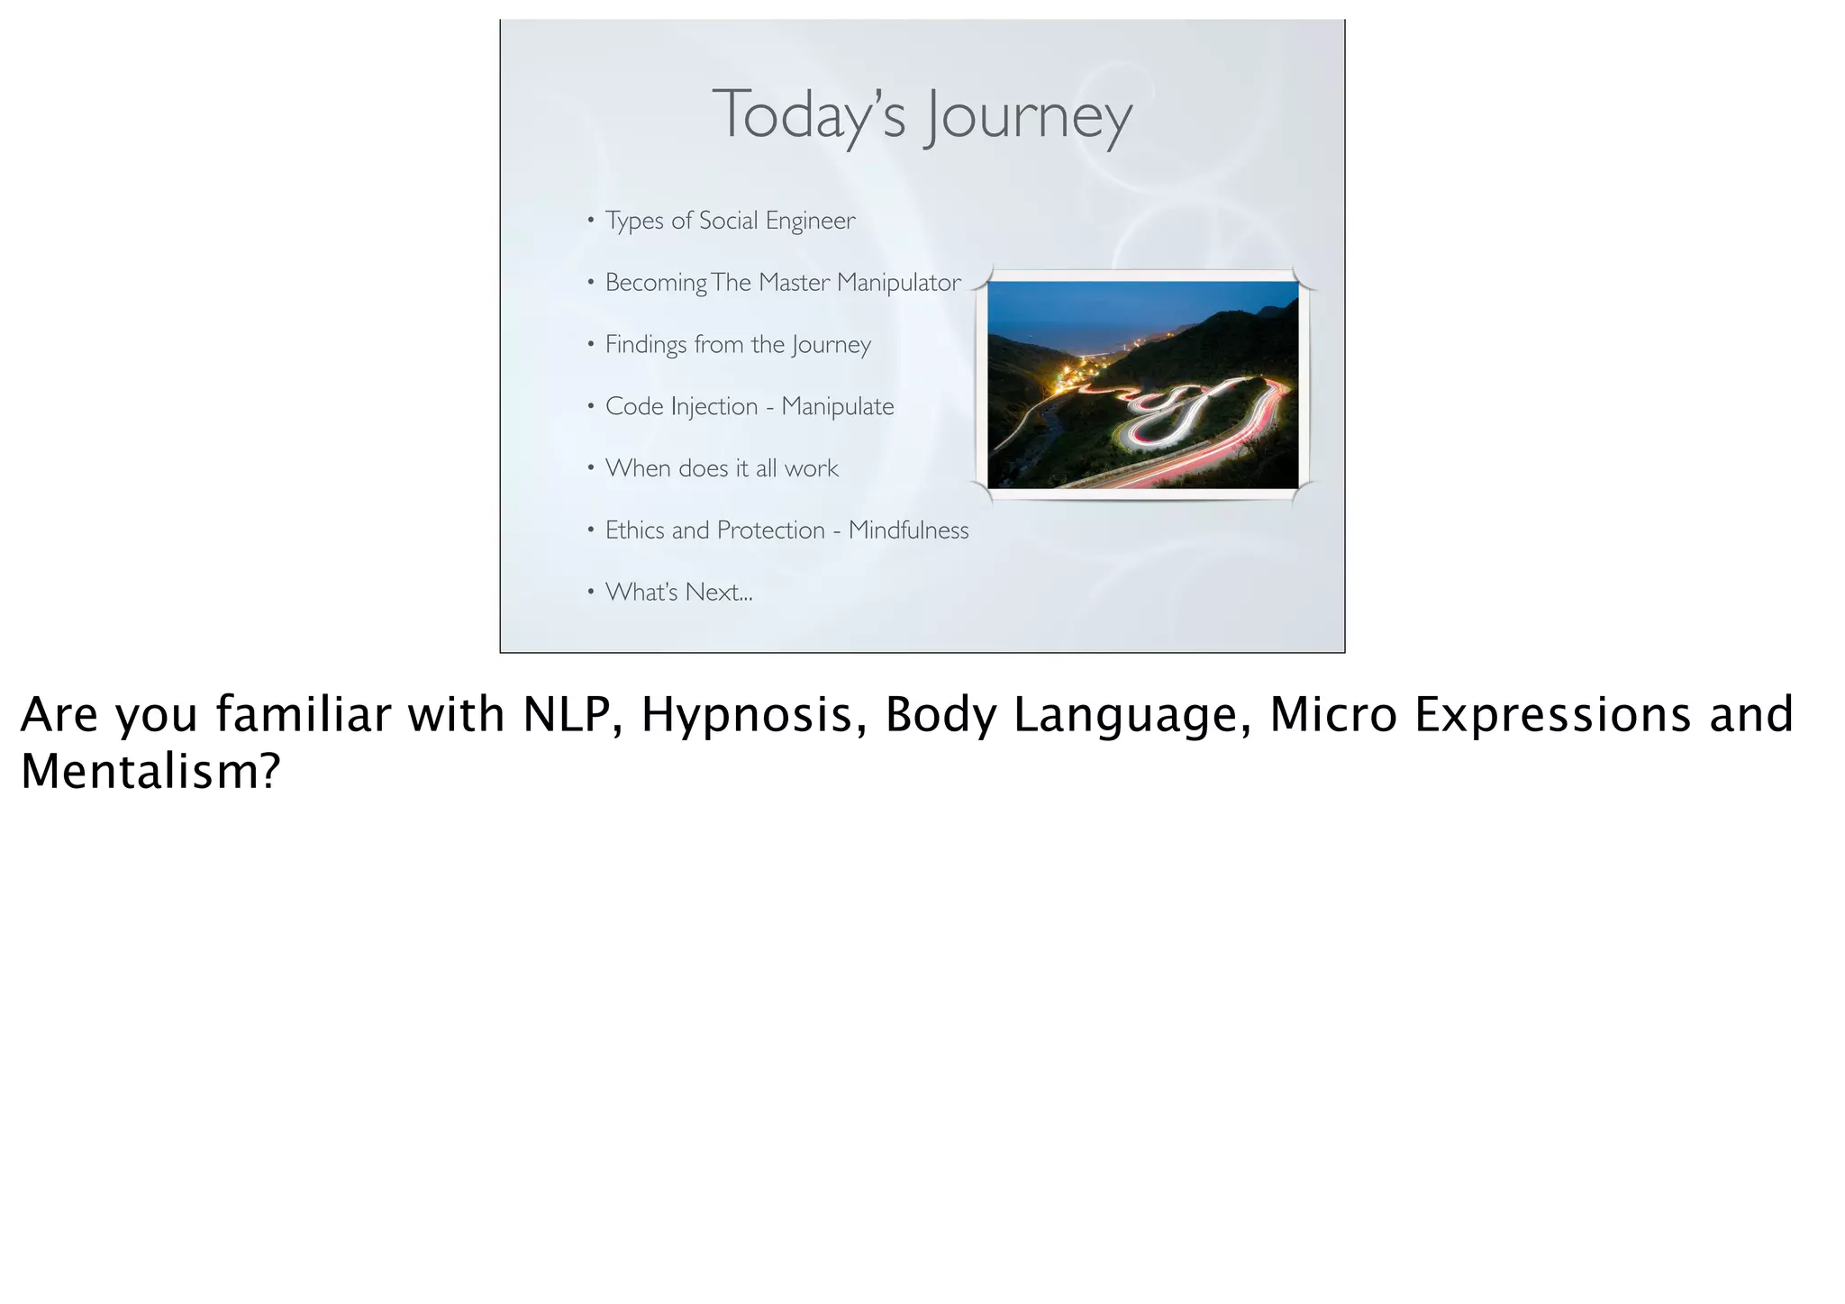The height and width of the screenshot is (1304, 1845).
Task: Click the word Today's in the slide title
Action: (x=807, y=115)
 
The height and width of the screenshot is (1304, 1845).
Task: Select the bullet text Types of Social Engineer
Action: (x=730, y=221)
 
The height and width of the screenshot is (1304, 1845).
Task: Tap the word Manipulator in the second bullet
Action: (x=898, y=283)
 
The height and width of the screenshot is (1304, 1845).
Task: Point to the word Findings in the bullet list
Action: (x=645, y=345)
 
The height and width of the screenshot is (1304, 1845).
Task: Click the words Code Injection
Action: (x=681, y=407)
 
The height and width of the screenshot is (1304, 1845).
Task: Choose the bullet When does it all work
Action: (x=722, y=468)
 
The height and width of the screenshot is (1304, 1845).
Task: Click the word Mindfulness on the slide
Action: (x=908, y=530)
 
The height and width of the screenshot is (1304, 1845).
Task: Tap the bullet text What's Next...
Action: (x=678, y=593)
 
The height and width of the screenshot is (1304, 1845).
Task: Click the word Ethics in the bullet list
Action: (x=635, y=530)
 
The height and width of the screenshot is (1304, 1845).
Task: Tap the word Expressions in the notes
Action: (x=1552, y=715)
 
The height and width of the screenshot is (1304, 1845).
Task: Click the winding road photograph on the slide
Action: (x=1142, y=385)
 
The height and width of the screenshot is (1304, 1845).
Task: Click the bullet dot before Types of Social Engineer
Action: (x=590, y=221)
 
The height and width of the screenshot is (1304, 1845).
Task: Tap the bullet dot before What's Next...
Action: (x=590, y=593)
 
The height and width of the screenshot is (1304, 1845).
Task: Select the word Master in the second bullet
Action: (x=794, y=283)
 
